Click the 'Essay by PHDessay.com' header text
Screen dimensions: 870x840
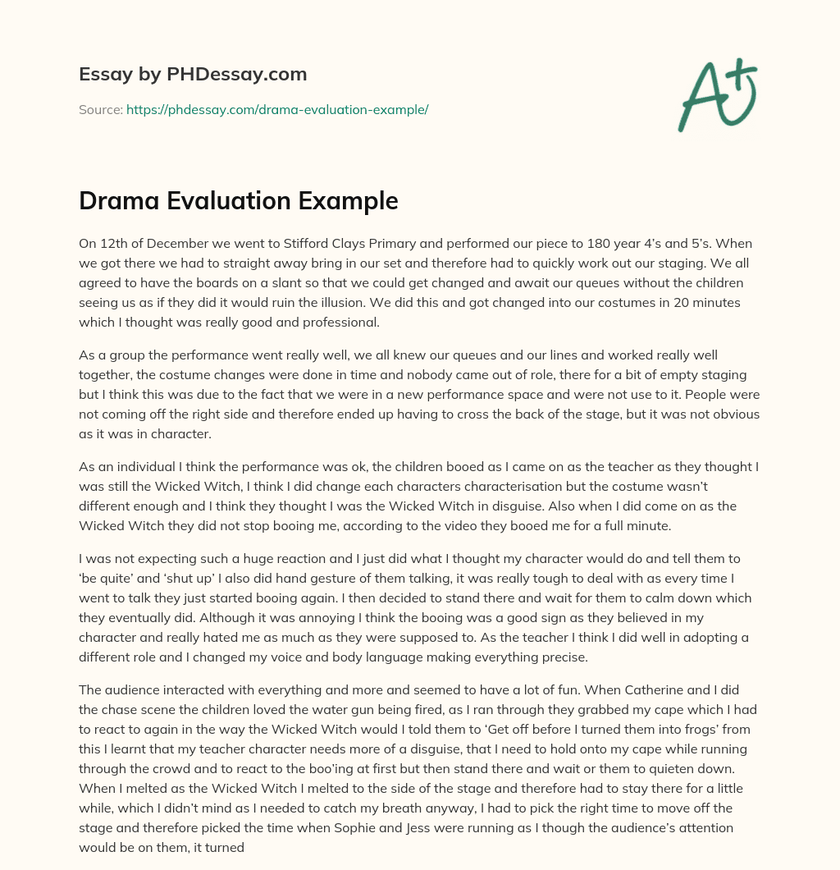pyautogui.click(x=193, y=75)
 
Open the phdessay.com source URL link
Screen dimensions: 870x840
pyautogui.click(x=277, y=109)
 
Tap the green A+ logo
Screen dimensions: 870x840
pyautogui.click(x=717, y=95)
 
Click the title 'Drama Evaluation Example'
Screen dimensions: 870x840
pyautogui.click(x=239, y=201)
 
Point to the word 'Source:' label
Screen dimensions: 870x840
pyautogui.click(x=101, y=109)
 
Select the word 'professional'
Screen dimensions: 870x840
pyautogui.click(x=342, y=323)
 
